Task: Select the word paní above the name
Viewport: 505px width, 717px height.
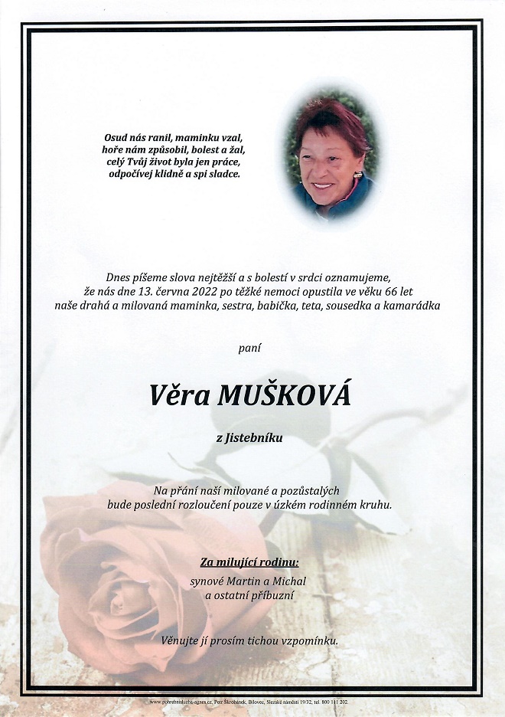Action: coord(249,348)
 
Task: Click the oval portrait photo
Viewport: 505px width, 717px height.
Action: coord(331,156)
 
